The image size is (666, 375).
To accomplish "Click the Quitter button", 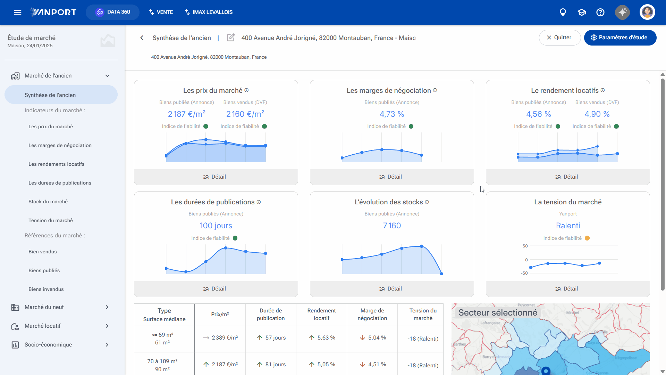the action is (x=559, y=38).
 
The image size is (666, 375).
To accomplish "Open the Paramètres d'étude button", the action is (x=620, y=38).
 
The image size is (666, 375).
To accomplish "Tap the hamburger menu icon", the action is (x=18, y=12).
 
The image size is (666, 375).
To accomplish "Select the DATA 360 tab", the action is (x=113, y=12).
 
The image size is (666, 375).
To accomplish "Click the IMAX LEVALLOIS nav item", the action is (x=209, y=12).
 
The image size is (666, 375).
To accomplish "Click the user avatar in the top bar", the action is (x=647, y=12).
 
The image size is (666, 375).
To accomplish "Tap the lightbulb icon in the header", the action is (x=563, y=13).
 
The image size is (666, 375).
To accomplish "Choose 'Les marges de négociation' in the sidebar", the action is (x=60, y=145).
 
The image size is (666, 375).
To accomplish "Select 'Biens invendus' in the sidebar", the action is (x=46, y=289).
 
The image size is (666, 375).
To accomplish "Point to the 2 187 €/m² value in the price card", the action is (x=187, y=114).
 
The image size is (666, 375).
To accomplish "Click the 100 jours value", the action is (x=216, y=226).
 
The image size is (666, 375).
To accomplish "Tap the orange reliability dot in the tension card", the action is (x=587, y=238).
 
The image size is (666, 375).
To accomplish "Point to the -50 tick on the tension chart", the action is (x=524, y=273).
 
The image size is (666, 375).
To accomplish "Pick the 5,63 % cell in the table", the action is (x=322, y=338).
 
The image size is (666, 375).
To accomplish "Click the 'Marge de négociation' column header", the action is (x=372, y=315).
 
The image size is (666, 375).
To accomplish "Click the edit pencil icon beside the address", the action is (x=231, y=38).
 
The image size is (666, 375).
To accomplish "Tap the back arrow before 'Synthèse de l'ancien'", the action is (x=142, y=38).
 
